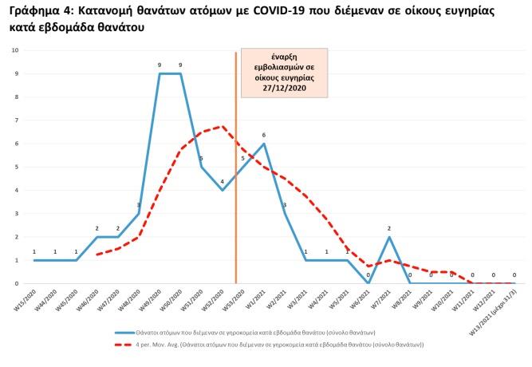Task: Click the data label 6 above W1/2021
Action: pyautogui.click(x=264, y=135)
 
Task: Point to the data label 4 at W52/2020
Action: pyautogui.click(x=223, y=181)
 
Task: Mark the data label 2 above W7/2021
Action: pyautogui.click(x=389, y=228)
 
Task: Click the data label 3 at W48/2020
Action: pyautogui.click(x=139, y=205)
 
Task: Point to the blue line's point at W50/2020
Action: pyautogui.click(x=181, y=73)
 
